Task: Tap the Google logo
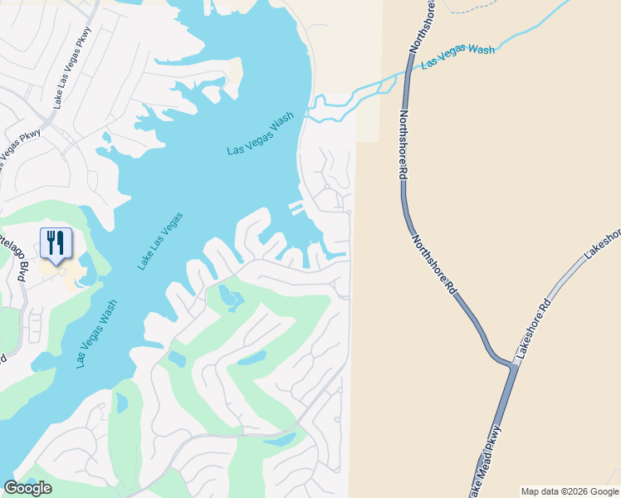click(x=27, y=488)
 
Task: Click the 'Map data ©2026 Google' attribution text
click(x=570, y=491)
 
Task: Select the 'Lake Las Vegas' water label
click(x=159, y=241)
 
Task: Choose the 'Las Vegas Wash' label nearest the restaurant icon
click(x=95, y=334)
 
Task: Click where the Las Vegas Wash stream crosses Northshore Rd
click(x=408, y=72)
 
